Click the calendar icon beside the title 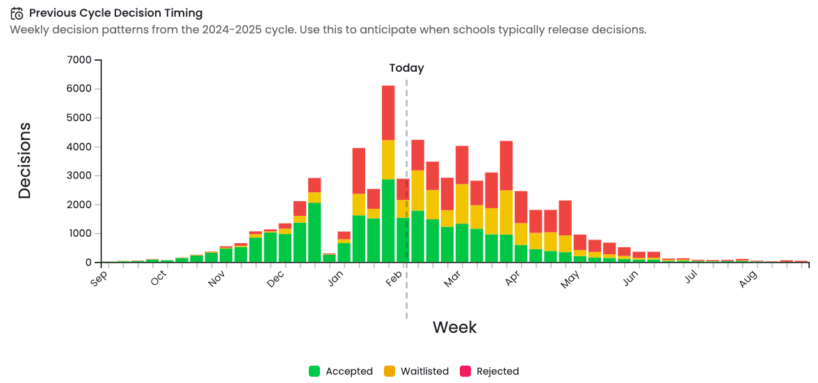17,13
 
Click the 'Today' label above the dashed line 406,68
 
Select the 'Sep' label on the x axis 99,278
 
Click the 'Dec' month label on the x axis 276,278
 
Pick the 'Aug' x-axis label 748,279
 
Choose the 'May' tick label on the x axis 571,278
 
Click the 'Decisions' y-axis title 25,161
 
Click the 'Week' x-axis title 454,327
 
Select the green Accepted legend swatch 314,371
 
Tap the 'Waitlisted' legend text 424,371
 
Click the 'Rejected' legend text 497,371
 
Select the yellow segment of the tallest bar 388,159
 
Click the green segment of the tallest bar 388,221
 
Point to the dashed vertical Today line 406,292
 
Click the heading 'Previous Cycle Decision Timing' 115,13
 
